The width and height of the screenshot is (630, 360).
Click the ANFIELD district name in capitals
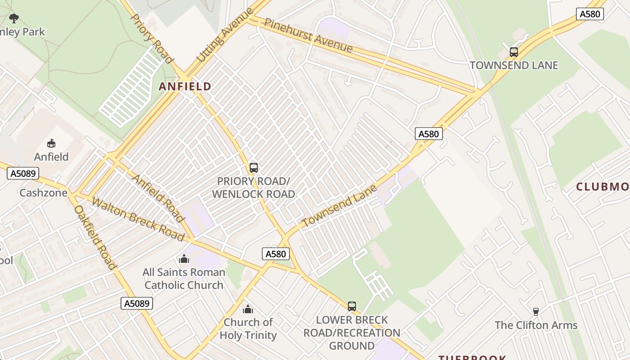click(x=185, y=86)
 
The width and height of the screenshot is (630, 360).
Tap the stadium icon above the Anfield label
click(x=51, y=144)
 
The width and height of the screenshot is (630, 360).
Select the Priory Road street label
click(x=152, y=39)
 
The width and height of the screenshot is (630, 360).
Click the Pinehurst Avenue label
click(x=308, y=35)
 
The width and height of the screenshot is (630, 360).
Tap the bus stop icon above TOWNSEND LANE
click(x=514, y=52)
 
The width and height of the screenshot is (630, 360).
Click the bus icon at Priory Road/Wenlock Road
click(x=254, y=168)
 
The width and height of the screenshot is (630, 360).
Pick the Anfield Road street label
click(x=158, y=198)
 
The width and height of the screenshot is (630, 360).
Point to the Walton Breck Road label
click(x=138, y=219)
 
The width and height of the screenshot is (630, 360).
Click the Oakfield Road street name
click(x=95, y=237)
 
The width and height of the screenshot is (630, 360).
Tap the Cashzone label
click(x=43, y=193)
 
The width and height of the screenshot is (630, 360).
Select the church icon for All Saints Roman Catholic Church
click(x=184, y=259)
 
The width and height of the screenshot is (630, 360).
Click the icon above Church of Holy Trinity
click(x=248, y=309)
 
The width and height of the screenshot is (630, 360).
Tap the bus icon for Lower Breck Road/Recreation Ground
click(x=352, y=306)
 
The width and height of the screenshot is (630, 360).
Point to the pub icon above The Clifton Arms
click(x=535, y=311)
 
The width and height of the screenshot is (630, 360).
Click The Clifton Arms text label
click(x=535, y=325)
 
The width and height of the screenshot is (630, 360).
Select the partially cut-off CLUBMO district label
click(x=603, y=187)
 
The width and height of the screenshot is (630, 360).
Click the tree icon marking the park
click(x=14, y=18)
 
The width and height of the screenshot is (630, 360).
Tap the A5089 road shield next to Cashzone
click(x=23, y=173)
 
